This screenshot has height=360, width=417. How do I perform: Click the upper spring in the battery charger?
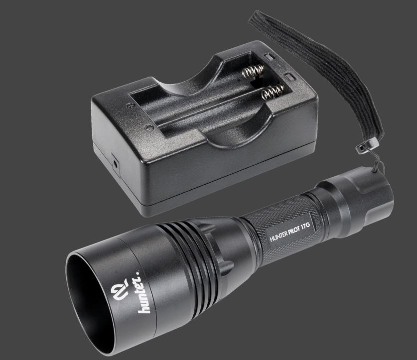(x=254, y=71)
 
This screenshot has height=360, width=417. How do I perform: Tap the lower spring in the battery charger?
(x=273, y=92)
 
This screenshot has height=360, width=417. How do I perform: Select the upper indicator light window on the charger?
(x=269, y=57)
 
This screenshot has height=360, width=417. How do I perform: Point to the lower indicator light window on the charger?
(x=290, y=77)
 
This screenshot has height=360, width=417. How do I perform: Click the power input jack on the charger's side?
(x=116, y=164)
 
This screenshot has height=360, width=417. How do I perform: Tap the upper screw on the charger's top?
(x=130, y=105)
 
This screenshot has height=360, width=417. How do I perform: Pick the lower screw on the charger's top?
(x=150, y=127)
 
